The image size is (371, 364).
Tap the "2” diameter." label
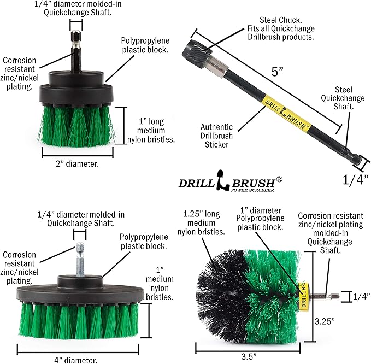(77, 162)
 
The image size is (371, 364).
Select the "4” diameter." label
(75, 360)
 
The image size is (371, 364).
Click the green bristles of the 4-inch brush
(76, 320)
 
